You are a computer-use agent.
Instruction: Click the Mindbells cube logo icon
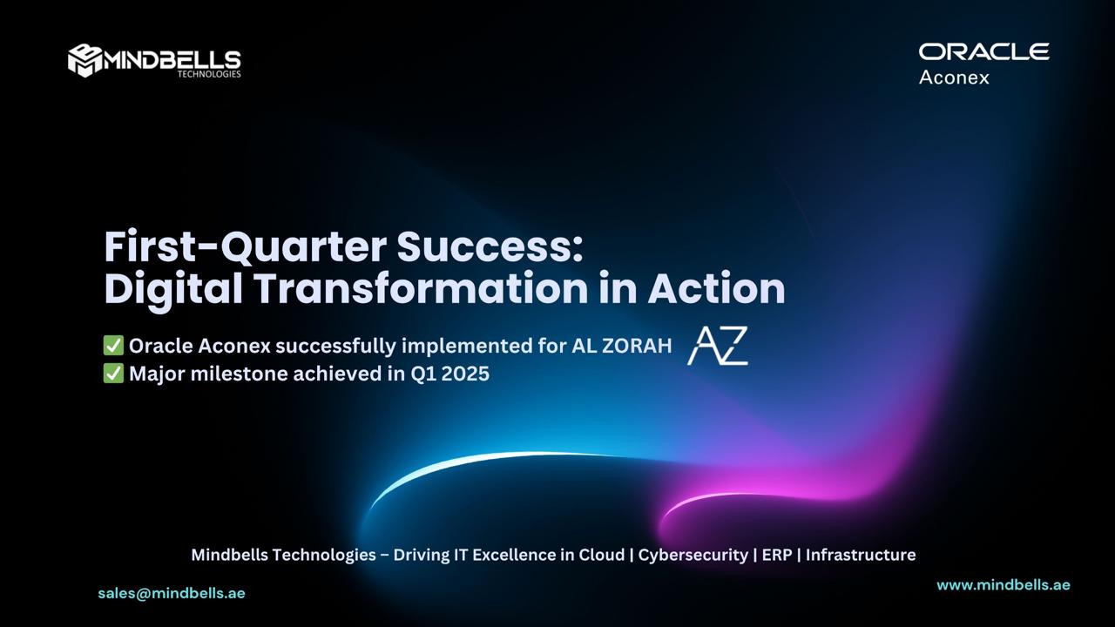pyautogui.click(x=85, y=61)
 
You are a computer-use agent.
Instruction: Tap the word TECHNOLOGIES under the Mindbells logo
pyautogui.click(x=209, y=74)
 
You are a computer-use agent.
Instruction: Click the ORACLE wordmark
pyautogui.click(x=984, y=51)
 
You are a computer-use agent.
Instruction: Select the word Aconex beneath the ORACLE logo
pyautogui.click(x=954, y=78)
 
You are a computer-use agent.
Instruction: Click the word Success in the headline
pyautogui.click(x=490, y=246)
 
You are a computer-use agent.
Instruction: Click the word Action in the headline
pyautogui.click(x=716, y=288)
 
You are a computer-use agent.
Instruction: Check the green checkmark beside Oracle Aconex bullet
pyautogui.click(x=113, y=345)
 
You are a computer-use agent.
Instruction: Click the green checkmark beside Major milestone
pyautogui.click(x=113, y=374)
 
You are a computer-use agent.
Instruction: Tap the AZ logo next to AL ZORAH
pyautogui.click(x=717, y=346)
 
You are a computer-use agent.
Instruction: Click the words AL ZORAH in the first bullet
pyautogui.click(x=622, y=346)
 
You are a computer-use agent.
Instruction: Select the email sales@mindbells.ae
pyautogui.click(x=172, y=593)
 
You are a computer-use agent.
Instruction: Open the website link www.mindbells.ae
pyautogui.click(x=1003, y=584)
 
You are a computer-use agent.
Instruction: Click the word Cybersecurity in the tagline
pyautogui.click(x=693, y=555)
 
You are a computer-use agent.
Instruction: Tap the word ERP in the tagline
pyautogui.click(x=777, y=555)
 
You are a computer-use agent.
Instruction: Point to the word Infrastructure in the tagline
pyautogui.click(x=861, y=555)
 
